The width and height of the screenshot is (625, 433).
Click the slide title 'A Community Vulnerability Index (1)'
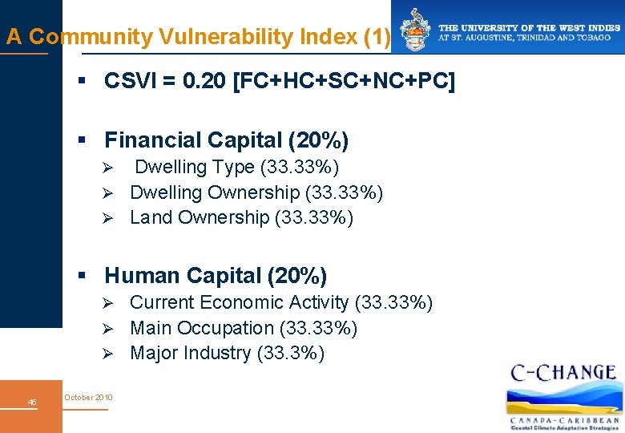tap(198, 37)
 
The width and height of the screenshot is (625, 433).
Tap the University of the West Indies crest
tap(415, 30)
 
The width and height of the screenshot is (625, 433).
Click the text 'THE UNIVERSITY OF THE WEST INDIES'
tap(529, 27)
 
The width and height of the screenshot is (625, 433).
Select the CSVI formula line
tap(279, 82)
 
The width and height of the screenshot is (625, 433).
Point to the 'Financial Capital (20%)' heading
tap(226, 140)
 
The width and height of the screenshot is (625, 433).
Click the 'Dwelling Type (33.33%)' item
tap(236, 167)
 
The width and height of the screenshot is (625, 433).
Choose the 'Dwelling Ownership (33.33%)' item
tap(256, 192)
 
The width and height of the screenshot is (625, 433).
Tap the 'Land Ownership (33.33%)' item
tap(241, 217)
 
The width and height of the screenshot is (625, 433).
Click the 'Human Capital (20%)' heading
tap(216, 276)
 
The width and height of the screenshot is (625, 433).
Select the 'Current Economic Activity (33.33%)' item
tap(281, 302)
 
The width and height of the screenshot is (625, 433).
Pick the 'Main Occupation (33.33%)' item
tap(244, 328)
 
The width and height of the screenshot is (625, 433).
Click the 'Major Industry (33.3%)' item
tap(227, 353)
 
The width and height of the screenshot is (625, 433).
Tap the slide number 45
tap(32, 402)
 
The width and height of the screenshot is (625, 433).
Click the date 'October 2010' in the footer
tap(89, 398)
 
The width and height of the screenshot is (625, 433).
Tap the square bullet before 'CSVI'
tap(81, 82)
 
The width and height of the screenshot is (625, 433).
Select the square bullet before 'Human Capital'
tap(81, 276)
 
